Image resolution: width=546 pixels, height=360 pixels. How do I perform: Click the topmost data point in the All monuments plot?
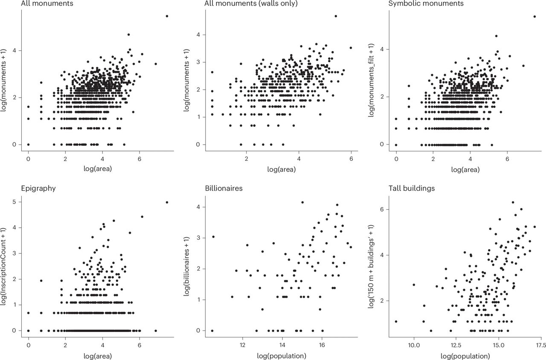click(167, 16)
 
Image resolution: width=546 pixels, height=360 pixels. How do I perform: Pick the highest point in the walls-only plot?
click(336, 16)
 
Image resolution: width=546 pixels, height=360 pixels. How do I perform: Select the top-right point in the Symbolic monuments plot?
click(534, 17)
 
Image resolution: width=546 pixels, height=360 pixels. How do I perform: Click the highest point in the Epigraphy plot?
click(167, 202)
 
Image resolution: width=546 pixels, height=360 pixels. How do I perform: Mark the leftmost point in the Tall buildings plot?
click(396, 321)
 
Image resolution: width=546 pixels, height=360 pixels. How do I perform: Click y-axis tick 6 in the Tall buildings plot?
click(382, 209)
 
